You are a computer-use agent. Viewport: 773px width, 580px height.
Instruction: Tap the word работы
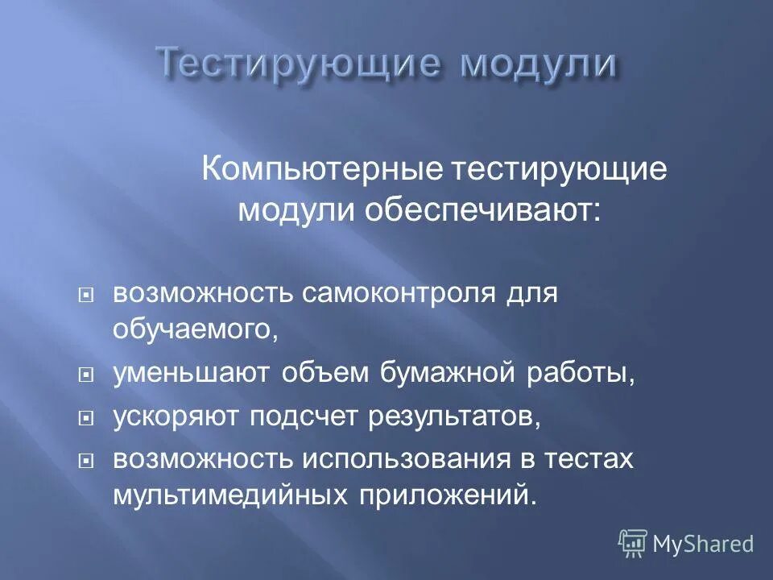tap(586, 374)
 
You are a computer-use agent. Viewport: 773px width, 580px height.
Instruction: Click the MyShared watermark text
tap(703, 545)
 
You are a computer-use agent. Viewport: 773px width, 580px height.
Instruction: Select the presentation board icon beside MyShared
tap(633, 544)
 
